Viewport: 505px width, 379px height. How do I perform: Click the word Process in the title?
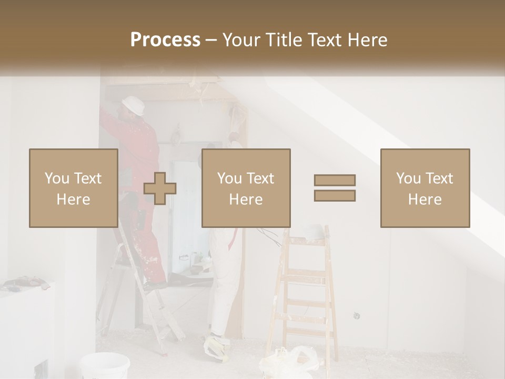[165, 39]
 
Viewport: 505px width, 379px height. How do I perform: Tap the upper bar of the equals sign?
[335, 181]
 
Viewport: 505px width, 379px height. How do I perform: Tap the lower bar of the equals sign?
[335, 196]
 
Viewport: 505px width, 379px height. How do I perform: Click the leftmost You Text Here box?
[73, 188]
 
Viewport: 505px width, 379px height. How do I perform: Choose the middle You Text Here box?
[246, 188]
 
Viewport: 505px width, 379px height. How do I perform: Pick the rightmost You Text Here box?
[425, 188]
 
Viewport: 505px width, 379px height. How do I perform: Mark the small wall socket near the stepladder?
[357, 316]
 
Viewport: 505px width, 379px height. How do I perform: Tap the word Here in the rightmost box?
[425, 200]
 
